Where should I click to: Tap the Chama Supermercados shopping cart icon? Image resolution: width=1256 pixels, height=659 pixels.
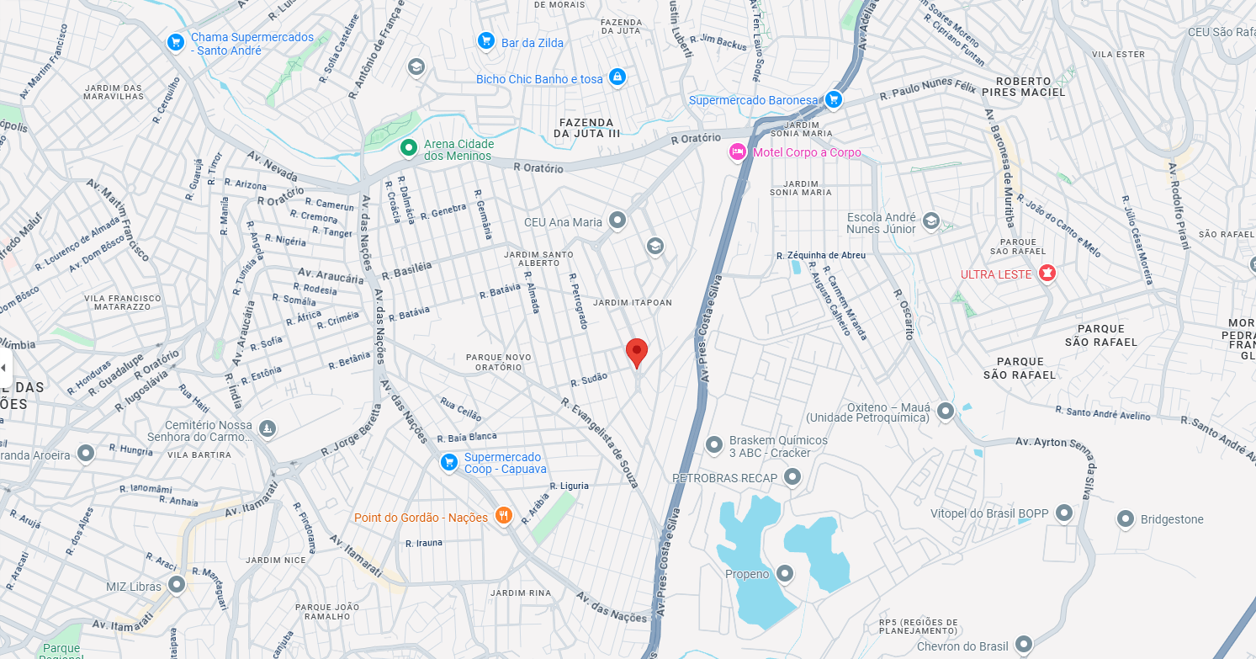[x=175, y=42]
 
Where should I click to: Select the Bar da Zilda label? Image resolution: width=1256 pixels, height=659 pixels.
[x=533, y=43]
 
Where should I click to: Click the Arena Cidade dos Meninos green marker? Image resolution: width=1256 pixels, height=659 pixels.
[x=408, y=148]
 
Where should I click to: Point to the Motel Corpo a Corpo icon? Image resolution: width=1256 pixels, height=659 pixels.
[x=738, y=152]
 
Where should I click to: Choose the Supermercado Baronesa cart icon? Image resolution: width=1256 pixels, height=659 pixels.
[x=833, y=100]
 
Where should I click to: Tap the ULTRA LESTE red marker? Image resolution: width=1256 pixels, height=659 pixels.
[x=1047, y=274]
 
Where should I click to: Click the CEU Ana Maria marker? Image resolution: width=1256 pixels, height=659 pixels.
[x=617, y=221]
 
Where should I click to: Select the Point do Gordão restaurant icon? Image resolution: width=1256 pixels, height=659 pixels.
[x=503, y=516]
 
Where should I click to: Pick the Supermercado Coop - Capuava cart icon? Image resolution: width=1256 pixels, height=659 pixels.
[x=449, y=462]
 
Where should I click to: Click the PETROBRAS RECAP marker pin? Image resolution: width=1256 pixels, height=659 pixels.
[x=792, y=477]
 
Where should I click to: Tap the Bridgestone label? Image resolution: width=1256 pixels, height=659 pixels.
[x=1172, y=519]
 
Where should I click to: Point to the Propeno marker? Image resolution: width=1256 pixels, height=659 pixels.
[x=785, y=573]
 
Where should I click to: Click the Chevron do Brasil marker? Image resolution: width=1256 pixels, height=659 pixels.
[x=1023, y=645]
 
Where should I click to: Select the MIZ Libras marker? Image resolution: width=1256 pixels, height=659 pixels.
[x=177, y=584]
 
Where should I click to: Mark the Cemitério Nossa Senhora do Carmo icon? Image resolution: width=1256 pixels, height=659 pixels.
[x=268, y=429]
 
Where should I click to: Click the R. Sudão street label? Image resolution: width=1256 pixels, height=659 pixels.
[x=589, y=380]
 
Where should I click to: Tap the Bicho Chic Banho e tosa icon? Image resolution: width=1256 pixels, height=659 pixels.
[x=617, y=77]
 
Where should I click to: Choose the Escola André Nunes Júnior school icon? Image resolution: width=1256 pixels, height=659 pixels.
[x=930, y=221]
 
